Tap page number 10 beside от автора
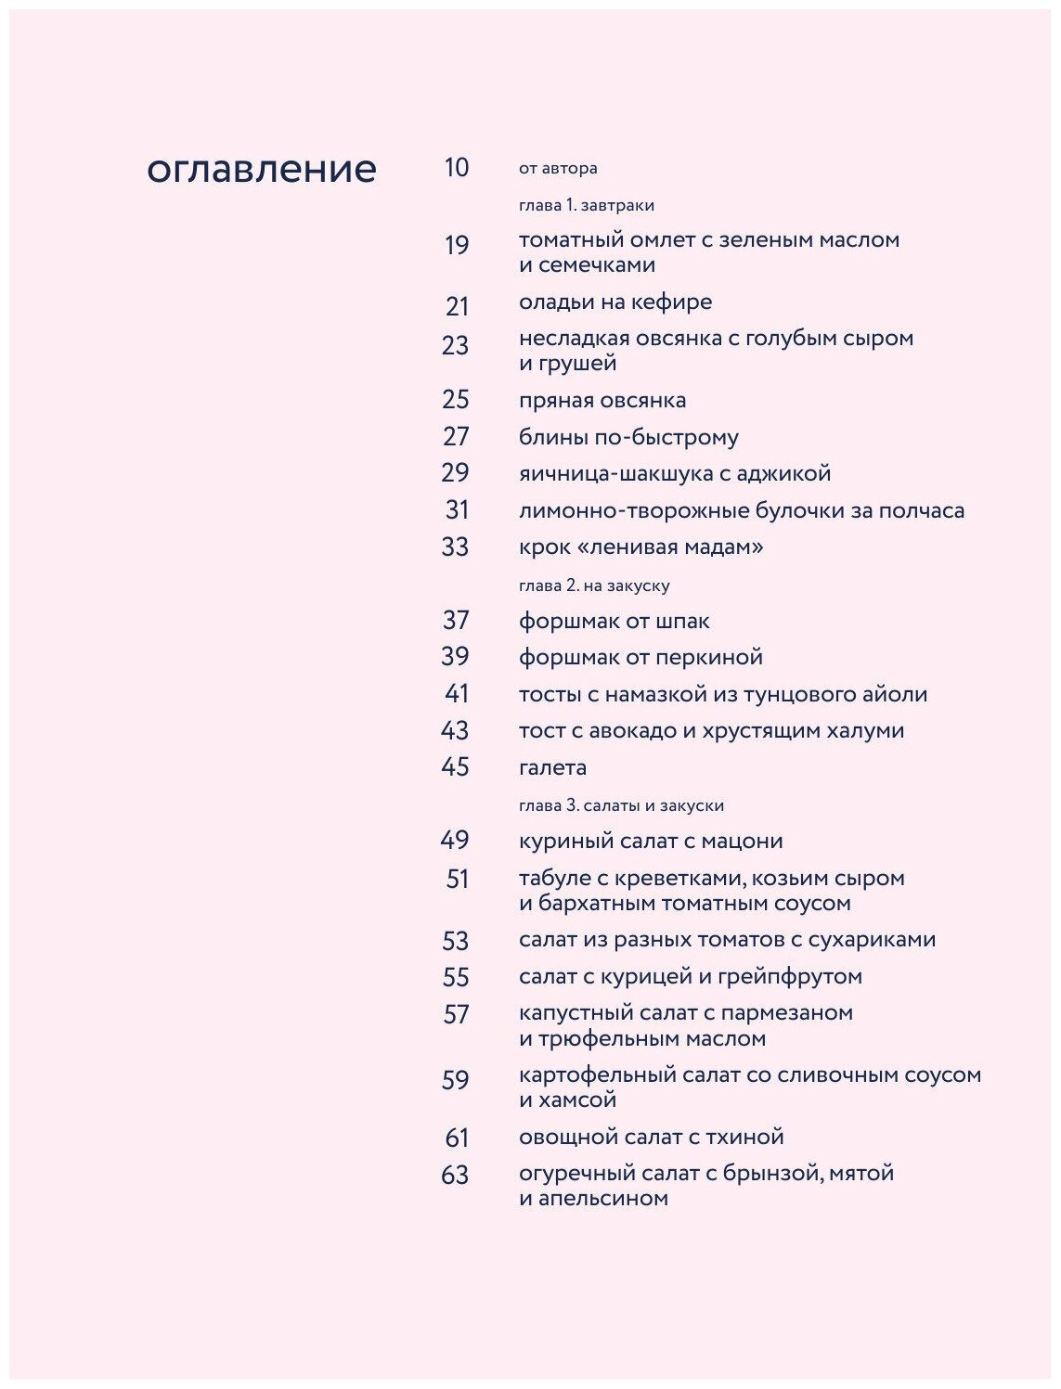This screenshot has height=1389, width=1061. pos(457,168)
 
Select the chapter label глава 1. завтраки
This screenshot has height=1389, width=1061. pos(587,205)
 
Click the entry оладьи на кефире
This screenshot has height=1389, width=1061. pos(615,302)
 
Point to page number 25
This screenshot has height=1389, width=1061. pos(456,400)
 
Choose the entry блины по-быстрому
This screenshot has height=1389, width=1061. pos(628,437)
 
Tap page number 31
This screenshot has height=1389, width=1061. pos(457,509)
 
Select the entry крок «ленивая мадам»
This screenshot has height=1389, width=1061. pos(640,547)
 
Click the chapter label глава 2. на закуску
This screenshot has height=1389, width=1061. pos(594,585)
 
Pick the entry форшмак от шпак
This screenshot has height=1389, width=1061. pos(614,621)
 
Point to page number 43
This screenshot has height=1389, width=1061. pos(455,730)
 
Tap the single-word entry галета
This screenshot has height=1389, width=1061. pos(552,767)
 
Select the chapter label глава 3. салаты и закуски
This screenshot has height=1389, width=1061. pos(621,805)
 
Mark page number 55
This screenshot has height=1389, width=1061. pos(456,977)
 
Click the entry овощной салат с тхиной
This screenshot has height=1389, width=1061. pos(651,1137)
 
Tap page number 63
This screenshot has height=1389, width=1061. pos(455,1175)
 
